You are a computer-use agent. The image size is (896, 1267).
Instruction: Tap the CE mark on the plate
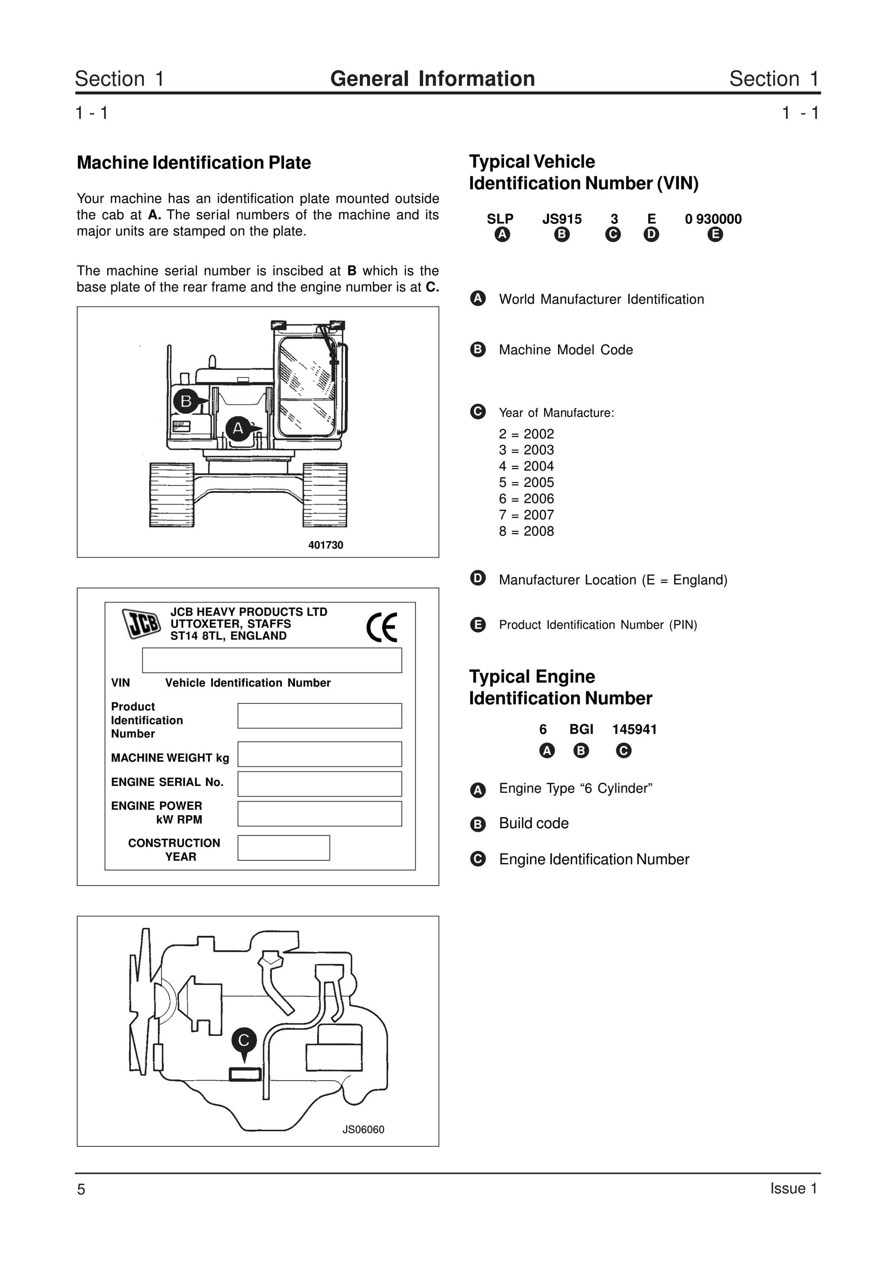click(381, 628)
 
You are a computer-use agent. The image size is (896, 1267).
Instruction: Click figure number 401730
click(326, 545)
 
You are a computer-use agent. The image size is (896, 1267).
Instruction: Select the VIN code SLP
click(500, 219)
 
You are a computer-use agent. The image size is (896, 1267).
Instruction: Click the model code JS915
click(562, 219)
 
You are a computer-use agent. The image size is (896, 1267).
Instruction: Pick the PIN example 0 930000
click(713, 219)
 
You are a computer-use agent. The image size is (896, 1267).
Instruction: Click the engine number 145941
click(635, 729)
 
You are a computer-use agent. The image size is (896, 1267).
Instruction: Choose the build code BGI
click(581, 729)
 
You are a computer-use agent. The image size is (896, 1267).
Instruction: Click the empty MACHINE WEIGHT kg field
click(320, 754)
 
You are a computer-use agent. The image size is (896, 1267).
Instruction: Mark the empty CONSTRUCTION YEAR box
click(284, 848)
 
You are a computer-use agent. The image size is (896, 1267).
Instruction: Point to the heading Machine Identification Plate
click(194, 163)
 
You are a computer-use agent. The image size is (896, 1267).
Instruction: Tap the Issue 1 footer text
click(793, 1188)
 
